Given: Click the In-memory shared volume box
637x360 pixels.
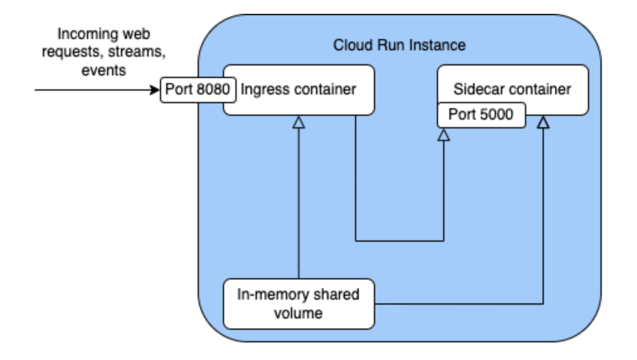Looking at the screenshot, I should (298, 304).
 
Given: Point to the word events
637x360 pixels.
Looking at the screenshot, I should (104, 69).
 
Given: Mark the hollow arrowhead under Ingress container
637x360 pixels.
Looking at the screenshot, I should (299, 123).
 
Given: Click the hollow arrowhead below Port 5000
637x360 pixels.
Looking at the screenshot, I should (444, 135).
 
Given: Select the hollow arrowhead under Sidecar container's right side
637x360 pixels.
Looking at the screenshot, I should (543, 123).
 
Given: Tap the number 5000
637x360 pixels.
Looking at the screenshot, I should (495, 115).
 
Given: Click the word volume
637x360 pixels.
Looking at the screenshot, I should (298, 313).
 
